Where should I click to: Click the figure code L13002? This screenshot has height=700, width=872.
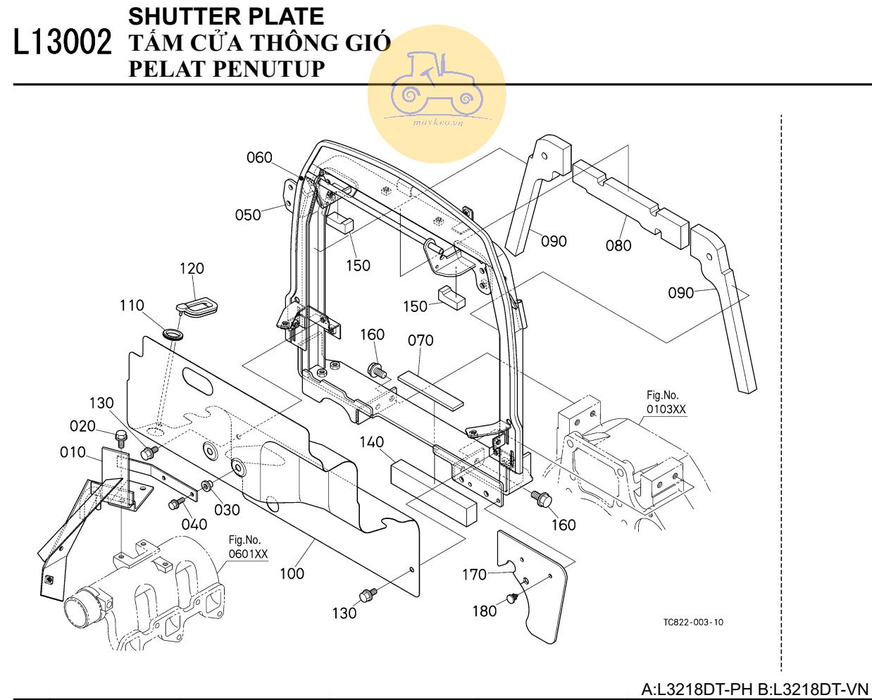[62, 43]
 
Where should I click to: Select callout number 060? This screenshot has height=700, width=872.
[259, 158]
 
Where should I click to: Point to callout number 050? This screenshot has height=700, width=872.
[248, 214]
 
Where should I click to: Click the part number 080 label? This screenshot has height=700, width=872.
[618, 245]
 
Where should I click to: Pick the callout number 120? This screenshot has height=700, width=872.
[192, 268]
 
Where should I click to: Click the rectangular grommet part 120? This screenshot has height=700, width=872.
[197, 306]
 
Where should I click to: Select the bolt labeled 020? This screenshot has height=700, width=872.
[120, 437]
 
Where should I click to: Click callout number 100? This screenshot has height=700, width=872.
[292, 573]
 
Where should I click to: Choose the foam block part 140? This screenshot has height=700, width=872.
[433, 490]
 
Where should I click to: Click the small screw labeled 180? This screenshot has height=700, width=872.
[512, 599]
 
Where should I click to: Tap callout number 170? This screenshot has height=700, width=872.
[474, 575]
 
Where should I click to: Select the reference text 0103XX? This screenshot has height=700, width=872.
[666, 409]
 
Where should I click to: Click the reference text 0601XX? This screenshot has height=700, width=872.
[248, 554]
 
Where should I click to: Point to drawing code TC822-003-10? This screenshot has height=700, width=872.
[692, 622]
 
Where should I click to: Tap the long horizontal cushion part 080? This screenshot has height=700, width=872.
[630, 201]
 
